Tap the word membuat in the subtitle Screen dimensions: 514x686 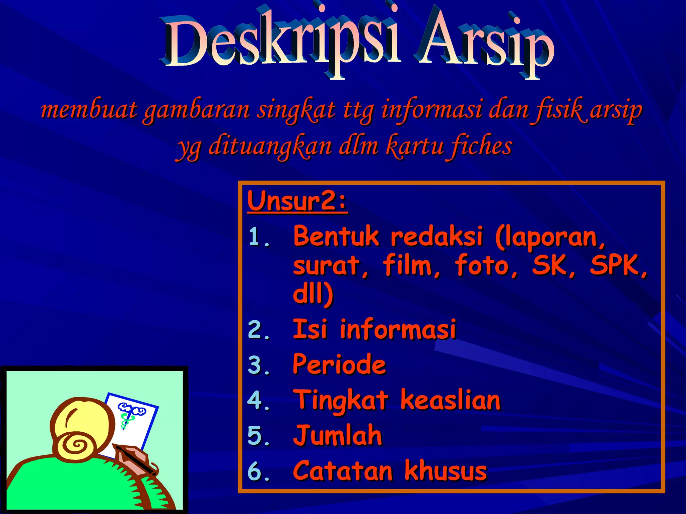tap(89, 110)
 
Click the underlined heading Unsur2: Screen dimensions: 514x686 tap(297, 201)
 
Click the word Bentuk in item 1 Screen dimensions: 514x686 tap(336, 236)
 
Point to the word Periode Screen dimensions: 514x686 tap(339, 364)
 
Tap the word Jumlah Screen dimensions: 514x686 tap(337, 436)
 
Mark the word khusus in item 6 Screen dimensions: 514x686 tap(445, 471)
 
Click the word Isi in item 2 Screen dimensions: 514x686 tap(310, 329)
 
